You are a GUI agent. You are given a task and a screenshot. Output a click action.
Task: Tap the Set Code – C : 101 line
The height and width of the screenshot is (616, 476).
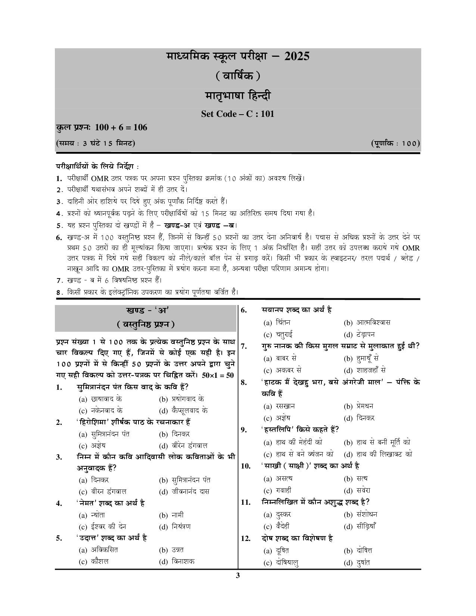click(x=238, y=114)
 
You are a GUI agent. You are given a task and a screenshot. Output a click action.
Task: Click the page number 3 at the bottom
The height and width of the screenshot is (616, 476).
click(x=238, y=575)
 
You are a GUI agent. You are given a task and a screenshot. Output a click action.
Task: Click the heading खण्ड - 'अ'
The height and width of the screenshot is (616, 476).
click(x=145, y=310)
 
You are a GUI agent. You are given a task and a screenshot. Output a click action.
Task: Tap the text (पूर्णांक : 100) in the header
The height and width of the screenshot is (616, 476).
click(x=395, y=143)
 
